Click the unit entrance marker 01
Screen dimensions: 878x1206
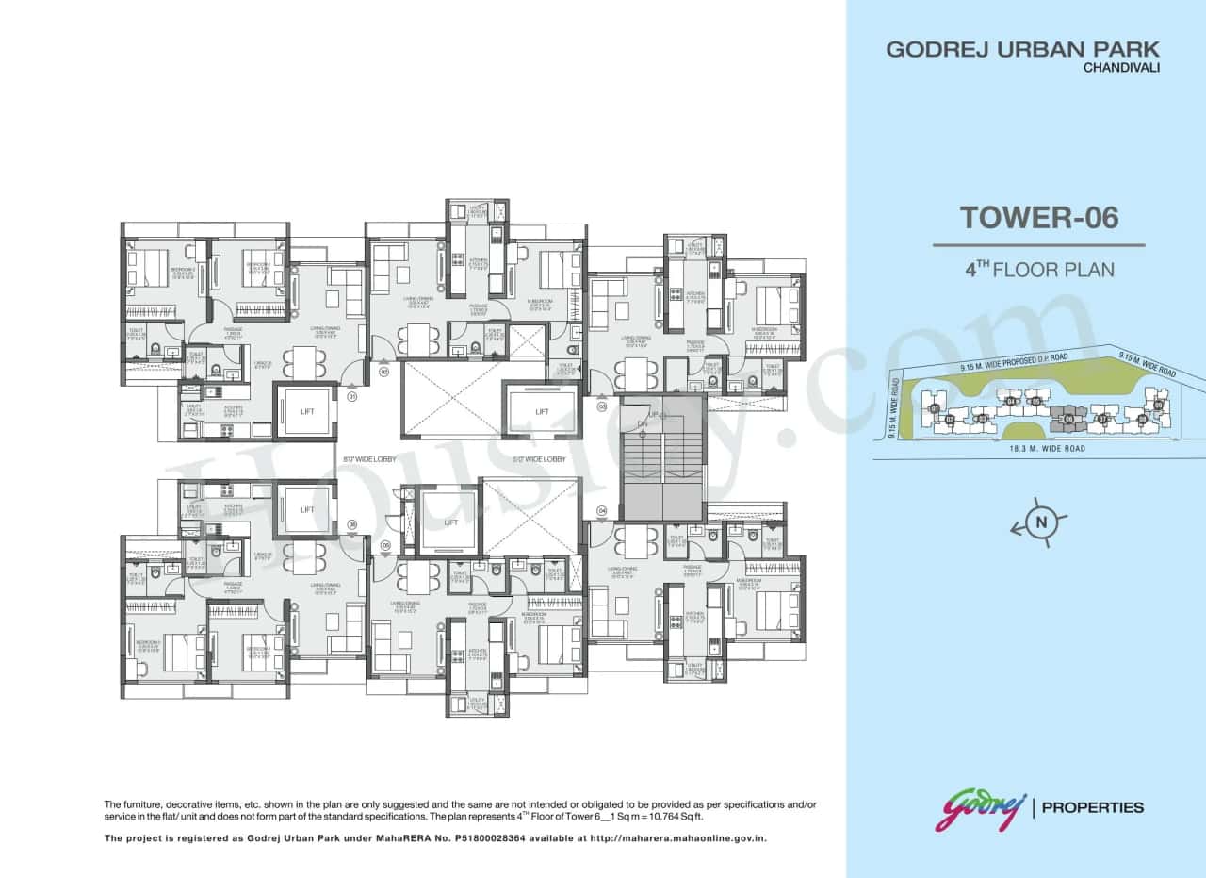tap(352, 397)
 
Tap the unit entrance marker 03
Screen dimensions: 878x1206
tap(601, 406)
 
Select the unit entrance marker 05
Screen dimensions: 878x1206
tap(384, 545)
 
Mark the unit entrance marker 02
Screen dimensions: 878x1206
tap(384, 372)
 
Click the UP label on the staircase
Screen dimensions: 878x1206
tap(653, 415)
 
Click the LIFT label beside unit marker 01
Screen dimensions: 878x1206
tap(306, 411)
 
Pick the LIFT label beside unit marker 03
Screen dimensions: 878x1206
tap(542, 411)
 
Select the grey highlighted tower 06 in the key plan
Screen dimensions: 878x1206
tap(1068, 418)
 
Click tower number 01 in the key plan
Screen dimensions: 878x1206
tap(934, 408)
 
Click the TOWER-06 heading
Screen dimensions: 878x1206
tap(1039, 218)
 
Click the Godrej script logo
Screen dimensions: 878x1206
tap(980, 810)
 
